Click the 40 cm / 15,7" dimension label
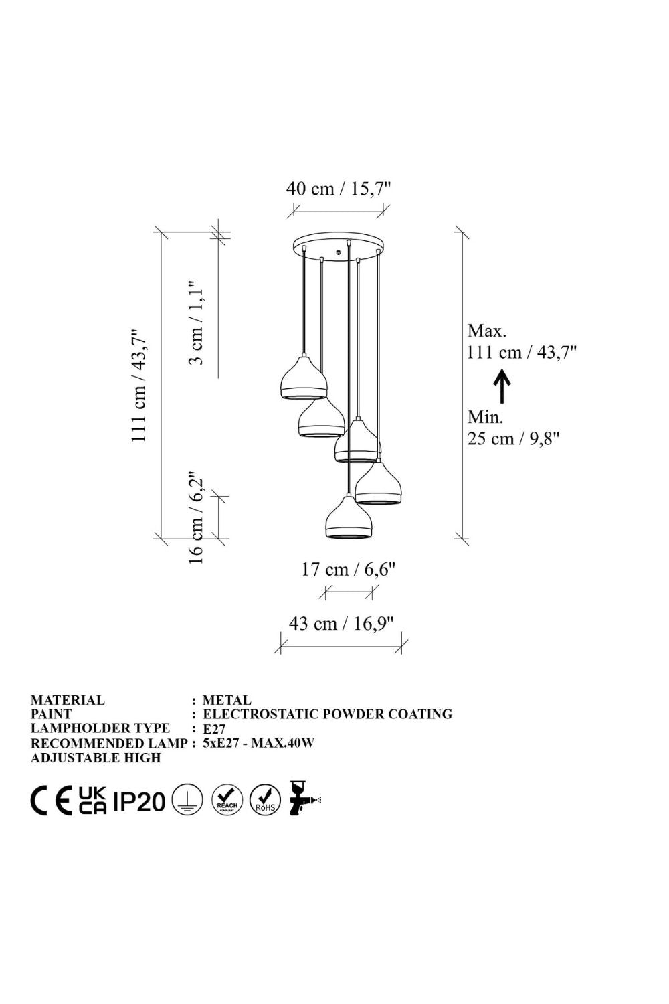coord(339,189)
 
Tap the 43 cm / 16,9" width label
coord(341,623)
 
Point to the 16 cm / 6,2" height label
coord(197,517)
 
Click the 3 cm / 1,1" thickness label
coord(197,323)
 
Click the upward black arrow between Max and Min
coord(502,386)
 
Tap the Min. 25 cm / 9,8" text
coord(514,428)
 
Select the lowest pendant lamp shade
coord(349,516)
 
